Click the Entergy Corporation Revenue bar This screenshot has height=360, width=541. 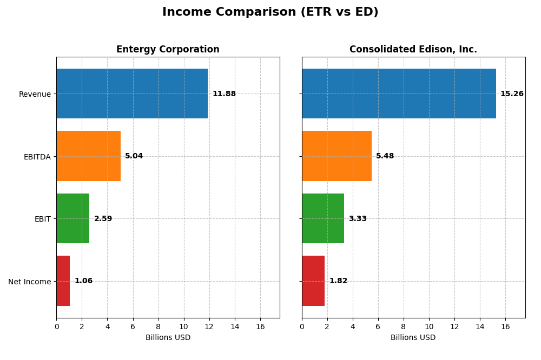click(x=132, y=94)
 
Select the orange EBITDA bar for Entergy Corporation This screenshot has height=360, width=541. click(x=88, y=156)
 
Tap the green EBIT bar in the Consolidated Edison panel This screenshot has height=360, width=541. click(x=323, y=218)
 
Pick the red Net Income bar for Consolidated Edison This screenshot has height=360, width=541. click(x=313, y=281)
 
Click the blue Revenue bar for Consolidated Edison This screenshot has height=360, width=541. click(x=399, y=94)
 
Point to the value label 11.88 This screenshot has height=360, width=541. click(x=224, y=94)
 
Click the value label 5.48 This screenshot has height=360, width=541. click(x=385, y=156)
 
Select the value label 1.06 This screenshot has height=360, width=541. click(x=83, y=281)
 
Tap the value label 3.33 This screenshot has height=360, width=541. click(x=358, y=219)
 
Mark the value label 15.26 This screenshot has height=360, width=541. click(x=512, y=94)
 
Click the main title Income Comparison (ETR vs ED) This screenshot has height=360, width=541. click(x=270, y=12)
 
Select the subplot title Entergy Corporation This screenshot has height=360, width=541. click(x=168, y=50)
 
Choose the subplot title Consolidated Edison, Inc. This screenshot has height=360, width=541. click(x=413, y=50)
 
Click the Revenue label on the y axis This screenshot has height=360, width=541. click(x=35, y=94)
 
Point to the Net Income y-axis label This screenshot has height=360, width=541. click(x=30, y=282)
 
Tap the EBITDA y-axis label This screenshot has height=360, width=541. click(x=37, y=157)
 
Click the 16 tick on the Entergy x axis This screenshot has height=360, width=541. click(x=260, y=327)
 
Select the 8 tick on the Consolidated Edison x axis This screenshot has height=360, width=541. click(x=404, y=327)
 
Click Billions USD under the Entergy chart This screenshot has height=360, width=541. click(x=168, y=338)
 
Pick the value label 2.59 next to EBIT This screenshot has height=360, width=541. click(x=103, y=219)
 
